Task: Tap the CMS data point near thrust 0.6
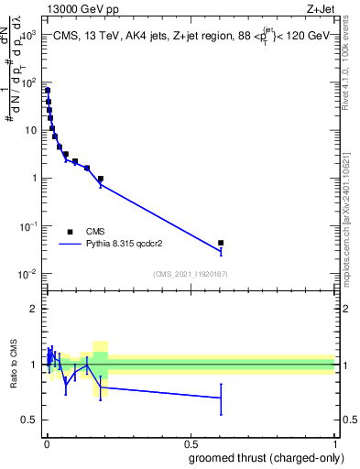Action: (x=221, y=243)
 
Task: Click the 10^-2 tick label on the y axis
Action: (x=29, y=274)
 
